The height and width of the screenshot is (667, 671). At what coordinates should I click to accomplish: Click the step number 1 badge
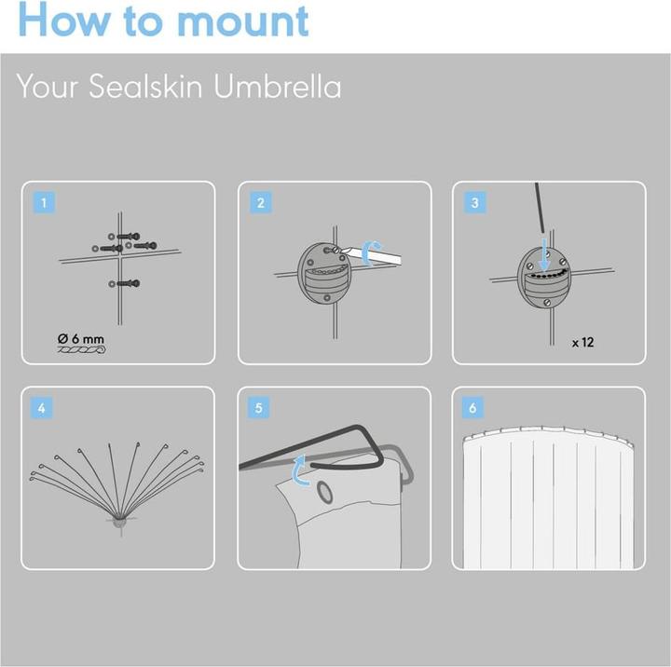[x=44, y=202]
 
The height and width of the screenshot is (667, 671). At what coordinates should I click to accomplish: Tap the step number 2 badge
[x=260, y=202]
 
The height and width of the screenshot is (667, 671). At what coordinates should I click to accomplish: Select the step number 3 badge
[x=474, y=202]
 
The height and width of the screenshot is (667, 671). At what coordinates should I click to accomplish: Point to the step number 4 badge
[x=42, y=408]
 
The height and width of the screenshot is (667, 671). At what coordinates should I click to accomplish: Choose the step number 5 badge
[x=258, y=408]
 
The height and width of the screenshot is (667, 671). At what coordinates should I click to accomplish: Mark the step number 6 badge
[x=472, y=408]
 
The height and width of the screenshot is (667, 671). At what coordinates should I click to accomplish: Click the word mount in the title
[x=242, y=20]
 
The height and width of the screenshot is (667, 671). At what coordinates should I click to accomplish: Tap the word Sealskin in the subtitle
[x=145, y=86]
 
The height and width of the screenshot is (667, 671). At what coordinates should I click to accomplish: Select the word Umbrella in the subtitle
[x=278, y=86]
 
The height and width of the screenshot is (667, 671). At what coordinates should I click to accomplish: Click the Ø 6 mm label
[x=81, y=339]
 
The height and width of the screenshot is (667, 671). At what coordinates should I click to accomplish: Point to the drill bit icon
[x=82, y=350]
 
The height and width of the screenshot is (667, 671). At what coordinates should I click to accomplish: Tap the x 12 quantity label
[x=582, y=342]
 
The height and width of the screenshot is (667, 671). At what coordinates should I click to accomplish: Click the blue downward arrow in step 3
[x=544, y=254]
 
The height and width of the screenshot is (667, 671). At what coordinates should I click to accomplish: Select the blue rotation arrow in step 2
[x=367, y=253]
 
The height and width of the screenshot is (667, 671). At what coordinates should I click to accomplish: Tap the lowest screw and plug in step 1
[x=124, y=283]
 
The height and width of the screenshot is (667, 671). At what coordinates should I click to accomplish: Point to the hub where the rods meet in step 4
[x=120, y=523]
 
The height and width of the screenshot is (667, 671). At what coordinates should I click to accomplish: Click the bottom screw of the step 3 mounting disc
[x=547, y=302]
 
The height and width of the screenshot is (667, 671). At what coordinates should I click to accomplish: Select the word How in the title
[x=64, y=20]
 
